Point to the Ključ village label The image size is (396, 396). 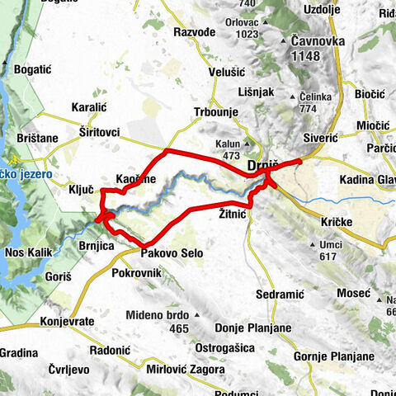coord(81,189)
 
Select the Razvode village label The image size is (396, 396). coord(195,31)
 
